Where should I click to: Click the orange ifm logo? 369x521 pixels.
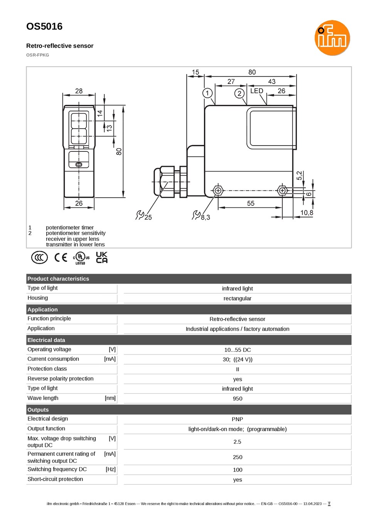click(332, 38)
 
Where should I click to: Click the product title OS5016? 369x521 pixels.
click(44, 27)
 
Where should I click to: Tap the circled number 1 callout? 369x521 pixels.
click(207, 93)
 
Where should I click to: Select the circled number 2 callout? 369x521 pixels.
click(239, 94)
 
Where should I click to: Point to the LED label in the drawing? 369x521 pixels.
click(256, 91)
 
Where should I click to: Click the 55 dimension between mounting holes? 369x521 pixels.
click(251, 203)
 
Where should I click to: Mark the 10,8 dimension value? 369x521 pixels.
click(307, 213)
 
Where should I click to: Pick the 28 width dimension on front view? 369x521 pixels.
click(79, 91)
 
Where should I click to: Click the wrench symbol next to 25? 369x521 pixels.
click(140, 215)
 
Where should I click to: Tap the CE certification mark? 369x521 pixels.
click(61, 257)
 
